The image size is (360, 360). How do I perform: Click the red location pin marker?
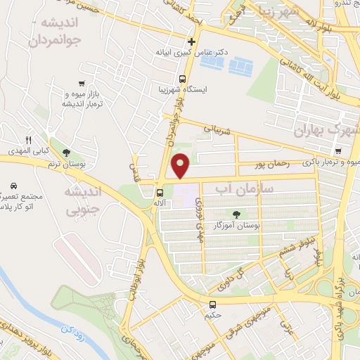click(181, 165)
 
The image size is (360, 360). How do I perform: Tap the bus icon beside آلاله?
click(160, 192)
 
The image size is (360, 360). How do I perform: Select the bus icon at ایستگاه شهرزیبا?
click(183, 79)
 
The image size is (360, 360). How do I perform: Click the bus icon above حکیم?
click(213, 304)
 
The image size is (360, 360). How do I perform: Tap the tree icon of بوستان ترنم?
click(67, 153)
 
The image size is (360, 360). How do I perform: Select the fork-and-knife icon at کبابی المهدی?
click(29, 139)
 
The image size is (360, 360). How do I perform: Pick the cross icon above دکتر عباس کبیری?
click(191, 41)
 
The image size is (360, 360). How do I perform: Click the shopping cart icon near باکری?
click(339, 151)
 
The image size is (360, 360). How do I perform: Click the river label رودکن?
click(70, 329)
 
